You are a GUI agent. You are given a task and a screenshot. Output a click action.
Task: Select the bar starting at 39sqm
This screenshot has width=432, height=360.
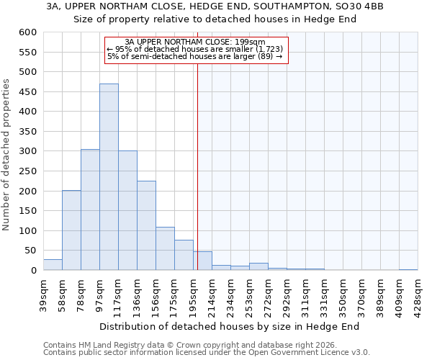[53, 265]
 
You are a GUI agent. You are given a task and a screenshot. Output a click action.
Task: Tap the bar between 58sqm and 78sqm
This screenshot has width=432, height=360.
[71, 230]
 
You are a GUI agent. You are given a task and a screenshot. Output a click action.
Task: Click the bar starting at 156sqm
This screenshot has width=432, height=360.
[165, 248]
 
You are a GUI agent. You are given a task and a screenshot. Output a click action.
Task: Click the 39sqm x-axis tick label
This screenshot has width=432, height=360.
[44, 293]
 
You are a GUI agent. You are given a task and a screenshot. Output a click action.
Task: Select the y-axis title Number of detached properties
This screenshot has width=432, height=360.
[7, 155]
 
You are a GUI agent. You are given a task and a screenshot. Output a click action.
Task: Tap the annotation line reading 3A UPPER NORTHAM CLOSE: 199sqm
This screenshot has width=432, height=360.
[195, 42]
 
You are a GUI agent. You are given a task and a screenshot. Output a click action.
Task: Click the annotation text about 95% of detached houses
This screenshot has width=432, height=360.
[195, 49]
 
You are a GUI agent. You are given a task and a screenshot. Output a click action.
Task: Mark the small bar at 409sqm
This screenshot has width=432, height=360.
[408, 269]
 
